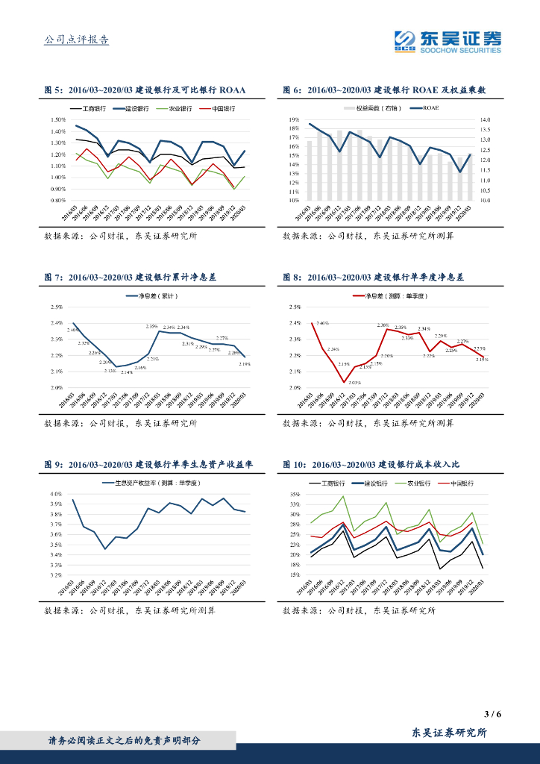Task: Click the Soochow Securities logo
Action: click(448, 42)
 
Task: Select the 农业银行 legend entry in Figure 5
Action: click(176, 108)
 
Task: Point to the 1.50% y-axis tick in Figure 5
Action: click(58, 119)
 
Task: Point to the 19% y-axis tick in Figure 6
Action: click(294, 119)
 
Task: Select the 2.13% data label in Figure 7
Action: click(110, 371)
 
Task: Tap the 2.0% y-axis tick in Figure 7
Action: click(57, 388)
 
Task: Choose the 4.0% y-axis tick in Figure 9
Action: click(56, 494)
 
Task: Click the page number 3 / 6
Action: click(492, 714)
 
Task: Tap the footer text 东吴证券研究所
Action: click(450, 733)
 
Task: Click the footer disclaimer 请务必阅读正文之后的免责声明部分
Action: click(125, 740)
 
